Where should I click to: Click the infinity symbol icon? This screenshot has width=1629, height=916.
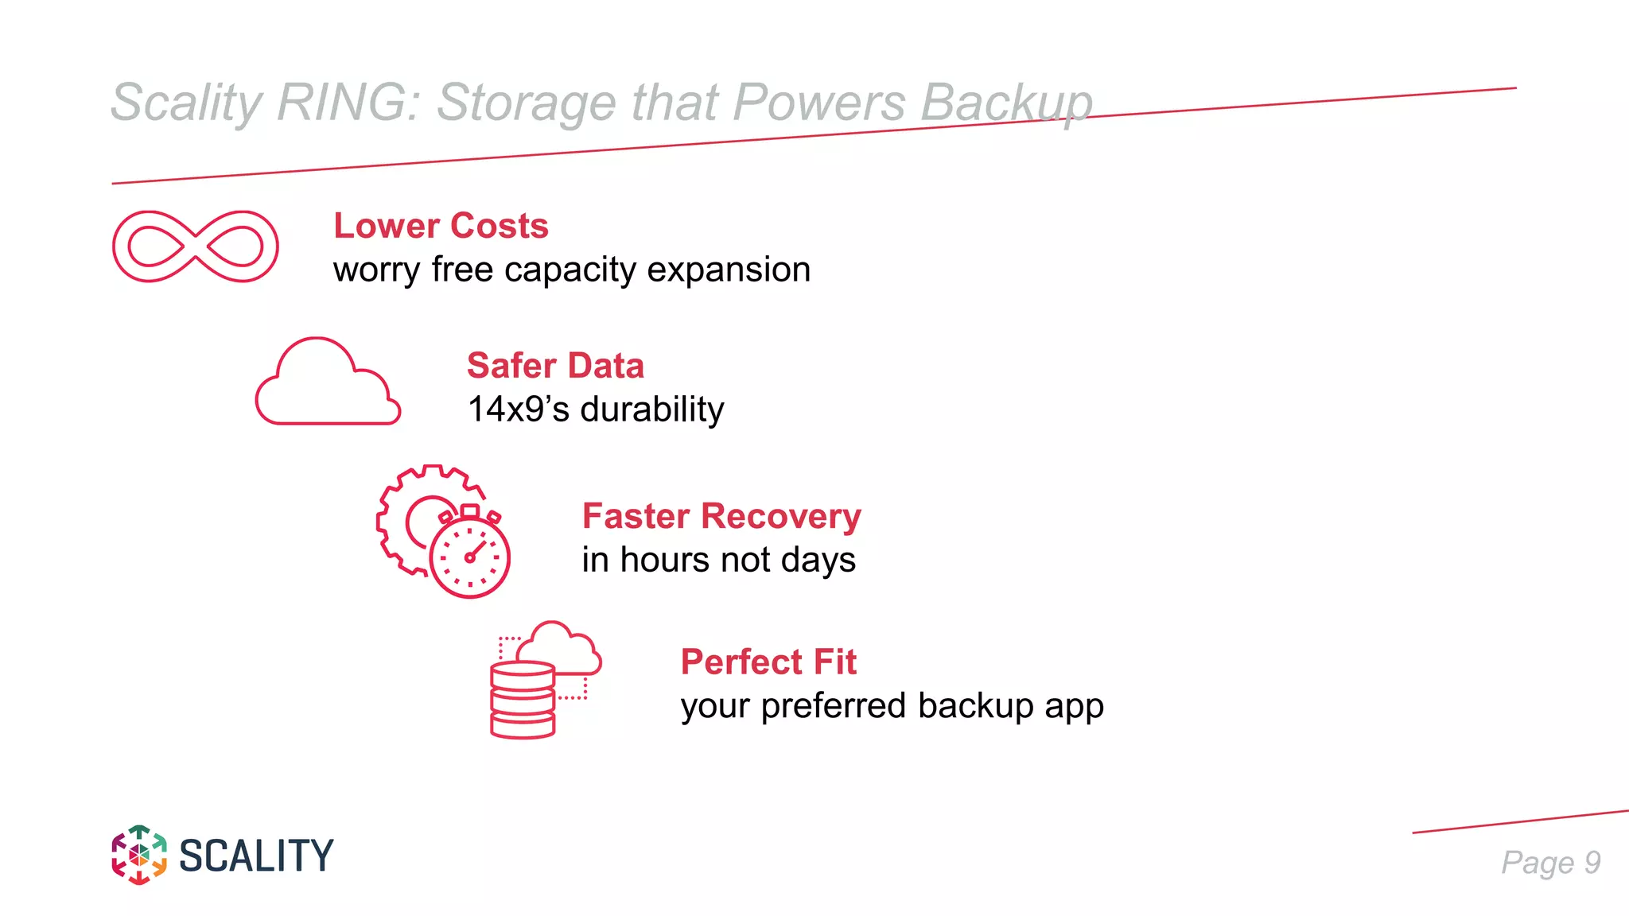pos(196,246)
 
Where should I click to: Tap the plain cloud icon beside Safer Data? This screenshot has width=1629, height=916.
pos(328,383)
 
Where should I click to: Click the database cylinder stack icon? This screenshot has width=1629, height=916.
pos(523,700)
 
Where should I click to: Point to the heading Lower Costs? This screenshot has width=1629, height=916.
pos(441,226)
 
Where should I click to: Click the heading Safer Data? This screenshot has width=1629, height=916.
pos(555,366)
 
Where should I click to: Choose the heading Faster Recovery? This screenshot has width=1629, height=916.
pos(721,516)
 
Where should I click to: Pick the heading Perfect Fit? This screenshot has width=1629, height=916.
pos(768,662)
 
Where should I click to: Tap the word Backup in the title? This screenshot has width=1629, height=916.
pos(1006,103)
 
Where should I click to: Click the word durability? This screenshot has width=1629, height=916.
pos(652,409)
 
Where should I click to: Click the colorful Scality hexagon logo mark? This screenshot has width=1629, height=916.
pos(139,855)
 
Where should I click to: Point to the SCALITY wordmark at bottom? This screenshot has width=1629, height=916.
pos(256,856)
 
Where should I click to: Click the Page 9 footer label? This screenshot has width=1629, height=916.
pos(1550,863)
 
